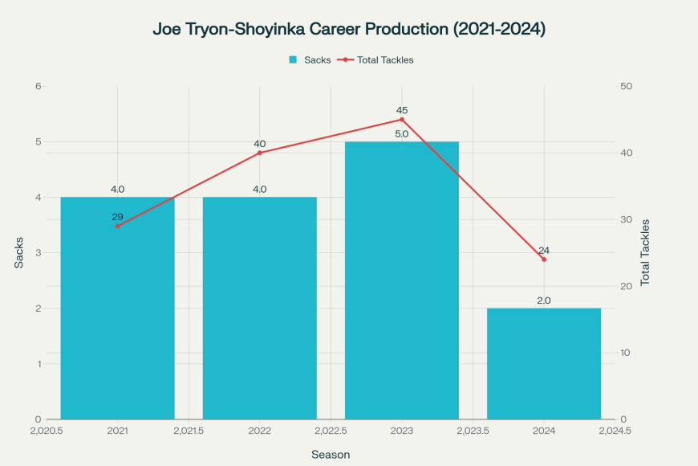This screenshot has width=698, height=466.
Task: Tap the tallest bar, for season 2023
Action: click(x=401, y=280)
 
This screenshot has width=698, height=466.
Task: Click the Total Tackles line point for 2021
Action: click(x=117, y=226)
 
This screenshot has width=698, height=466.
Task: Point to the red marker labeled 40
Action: click(x=259, y=153)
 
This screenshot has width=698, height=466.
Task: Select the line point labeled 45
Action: click(x=401, y=120)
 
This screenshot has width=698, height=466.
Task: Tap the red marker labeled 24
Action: click(x=543, y=260)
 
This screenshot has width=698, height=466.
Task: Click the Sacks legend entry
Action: click(x=310, y=59)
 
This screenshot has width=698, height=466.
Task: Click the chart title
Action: click(x=349, y=29)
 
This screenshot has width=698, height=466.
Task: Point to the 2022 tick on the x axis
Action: click(x=259, y=431)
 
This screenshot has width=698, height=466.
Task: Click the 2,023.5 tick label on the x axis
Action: click(x=473, y=431)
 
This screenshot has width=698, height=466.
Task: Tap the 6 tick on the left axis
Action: click(x=38, y=86)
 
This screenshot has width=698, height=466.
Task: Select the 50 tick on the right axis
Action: click(x=626, y=86)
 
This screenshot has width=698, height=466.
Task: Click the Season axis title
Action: click(x=331, y=455)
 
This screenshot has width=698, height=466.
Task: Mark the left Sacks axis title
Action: click(x=19, y=252)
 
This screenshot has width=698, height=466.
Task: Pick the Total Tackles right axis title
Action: click(x=645, y=252)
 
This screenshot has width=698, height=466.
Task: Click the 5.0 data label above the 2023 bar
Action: click(x=401, y=134)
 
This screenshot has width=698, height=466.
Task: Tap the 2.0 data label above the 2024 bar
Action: click(x=543, y=300)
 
